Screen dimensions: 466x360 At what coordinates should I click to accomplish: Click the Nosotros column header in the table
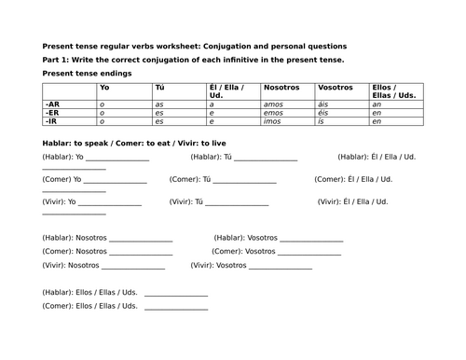click(x=278, y=88)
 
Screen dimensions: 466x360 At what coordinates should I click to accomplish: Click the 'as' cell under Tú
click(x=159, y=105)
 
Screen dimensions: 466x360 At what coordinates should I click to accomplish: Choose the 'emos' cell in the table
click(x=273, y=113)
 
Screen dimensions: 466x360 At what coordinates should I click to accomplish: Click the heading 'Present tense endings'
click(x=87, y=73)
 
